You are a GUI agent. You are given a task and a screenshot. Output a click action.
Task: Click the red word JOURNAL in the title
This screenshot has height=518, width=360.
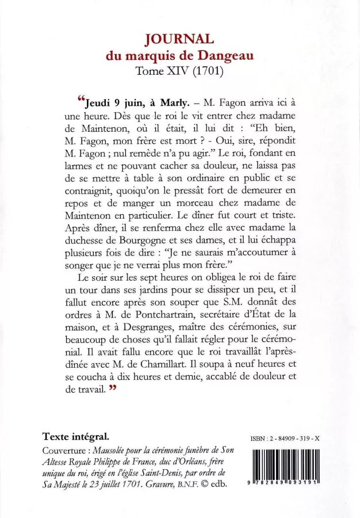pos(179,40)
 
